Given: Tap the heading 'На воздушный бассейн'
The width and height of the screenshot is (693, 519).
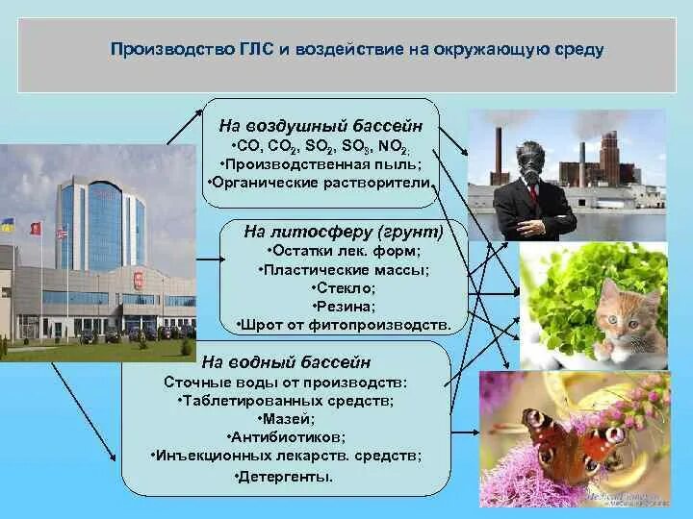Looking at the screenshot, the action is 321,126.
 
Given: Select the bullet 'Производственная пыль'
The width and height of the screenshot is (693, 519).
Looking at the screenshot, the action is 321,164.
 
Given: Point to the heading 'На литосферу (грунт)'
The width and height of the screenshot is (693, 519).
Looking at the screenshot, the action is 344,233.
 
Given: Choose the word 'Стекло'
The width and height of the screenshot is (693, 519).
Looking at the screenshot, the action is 346,288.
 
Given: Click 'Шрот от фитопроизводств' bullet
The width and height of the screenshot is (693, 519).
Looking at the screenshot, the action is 344,325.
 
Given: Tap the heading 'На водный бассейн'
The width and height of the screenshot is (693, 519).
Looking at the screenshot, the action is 286,362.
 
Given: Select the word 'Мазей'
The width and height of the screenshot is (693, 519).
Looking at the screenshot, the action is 286,419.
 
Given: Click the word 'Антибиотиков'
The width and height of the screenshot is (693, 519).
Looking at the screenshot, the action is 286,437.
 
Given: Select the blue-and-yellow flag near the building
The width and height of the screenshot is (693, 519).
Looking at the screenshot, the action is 8,225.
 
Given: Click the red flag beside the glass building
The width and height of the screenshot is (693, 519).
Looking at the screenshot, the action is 36,228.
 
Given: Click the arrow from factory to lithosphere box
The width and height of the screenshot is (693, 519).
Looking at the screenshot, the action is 211,259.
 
